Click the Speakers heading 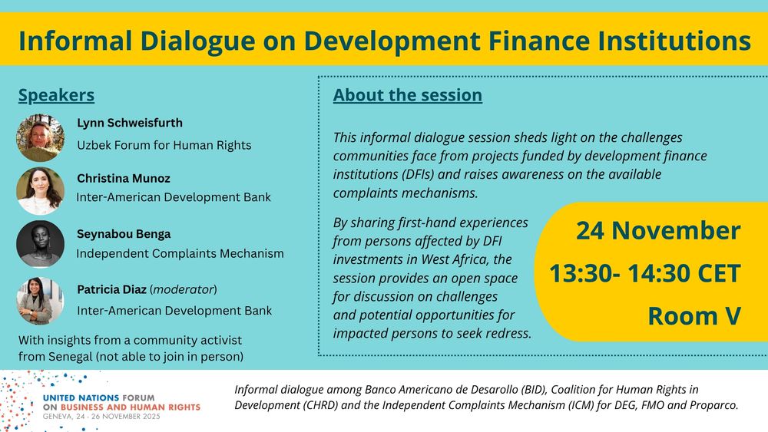56,95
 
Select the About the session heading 408,95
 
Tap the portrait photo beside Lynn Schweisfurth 40,138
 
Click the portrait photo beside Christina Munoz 40,191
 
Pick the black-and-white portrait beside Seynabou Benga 40,244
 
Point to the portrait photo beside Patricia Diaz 40,301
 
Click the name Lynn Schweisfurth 130,123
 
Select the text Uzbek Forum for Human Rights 164,145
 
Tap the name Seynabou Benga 124,234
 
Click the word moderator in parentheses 184,289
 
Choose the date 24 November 658,230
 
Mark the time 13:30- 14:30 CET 644,273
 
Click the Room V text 694,316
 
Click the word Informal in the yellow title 75,40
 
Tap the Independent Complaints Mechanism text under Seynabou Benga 180,253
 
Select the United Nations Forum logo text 122,402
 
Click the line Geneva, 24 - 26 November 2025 101,417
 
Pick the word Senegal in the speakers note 70,357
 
